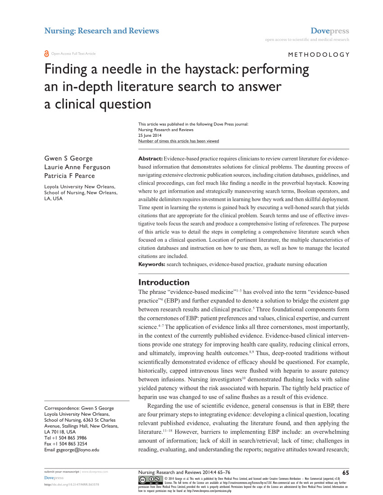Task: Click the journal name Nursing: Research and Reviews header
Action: coord(101,31)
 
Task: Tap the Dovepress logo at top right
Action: coord(330,31)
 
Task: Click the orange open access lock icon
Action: coord(46,54)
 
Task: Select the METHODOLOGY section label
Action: coord(318,54)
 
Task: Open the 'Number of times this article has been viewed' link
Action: coord(178,141)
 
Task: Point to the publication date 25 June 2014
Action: coord(150,135)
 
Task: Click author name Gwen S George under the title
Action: coord(68,159)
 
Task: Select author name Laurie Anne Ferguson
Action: coord(77,167)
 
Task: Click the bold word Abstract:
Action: coord(150,159)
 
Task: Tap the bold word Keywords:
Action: coord(152,264)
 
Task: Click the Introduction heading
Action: coord(164,283)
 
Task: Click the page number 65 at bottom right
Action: coord(346,472)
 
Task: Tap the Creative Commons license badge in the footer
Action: coord(150,480)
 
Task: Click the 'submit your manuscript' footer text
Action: coord(61,472)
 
